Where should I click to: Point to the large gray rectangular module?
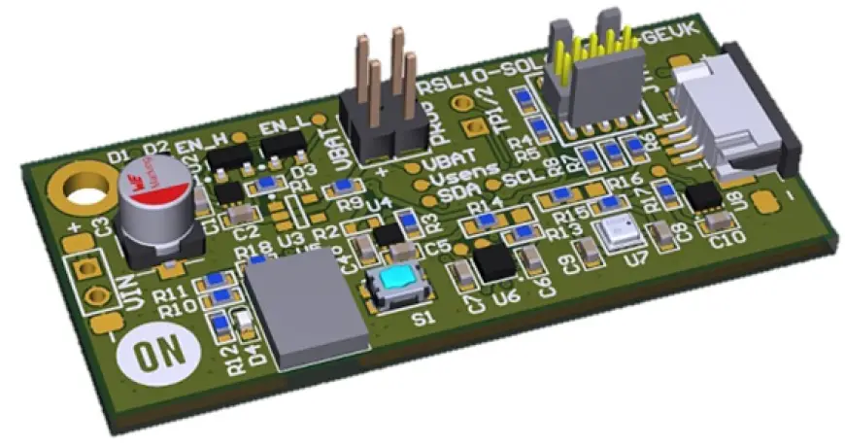pyautogui.click(x=304, y=311)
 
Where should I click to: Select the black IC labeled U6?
pyautogui.click(x=495, y=260)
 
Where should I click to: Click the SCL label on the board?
pyautogui.click(x=523, y=178)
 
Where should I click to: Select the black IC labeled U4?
pyautogui.click(x=389, y=233)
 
